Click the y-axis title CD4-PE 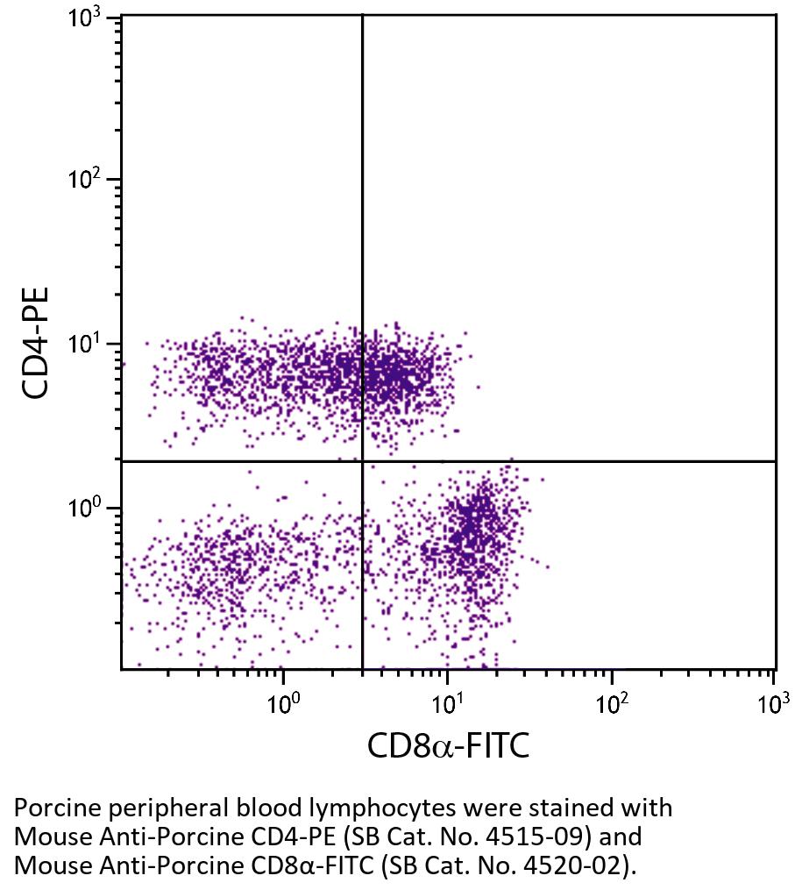(x=36, y=342)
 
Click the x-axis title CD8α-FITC (x=448, y=745)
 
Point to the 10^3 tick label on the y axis (x=84, y=18)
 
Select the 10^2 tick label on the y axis (x=84, y=181)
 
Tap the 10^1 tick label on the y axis (x=84, y=344)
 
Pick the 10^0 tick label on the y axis (x=84, y=508)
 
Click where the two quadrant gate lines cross (x=362, y=461)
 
